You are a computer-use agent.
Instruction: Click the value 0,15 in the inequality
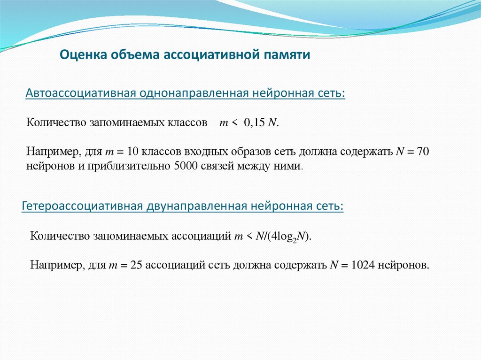tap(255, 123)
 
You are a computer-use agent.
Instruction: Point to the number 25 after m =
tap(136, 265)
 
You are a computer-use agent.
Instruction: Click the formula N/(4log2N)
tap(283, 236)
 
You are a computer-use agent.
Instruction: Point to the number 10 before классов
tap(133, 152)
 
